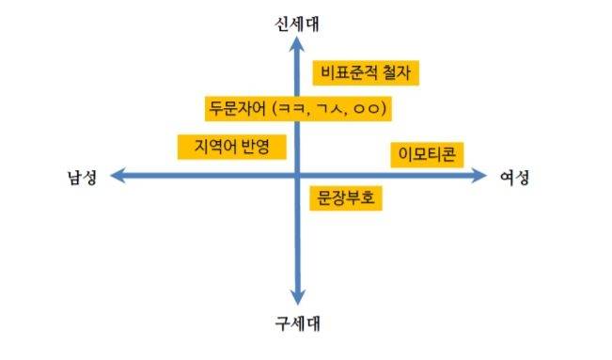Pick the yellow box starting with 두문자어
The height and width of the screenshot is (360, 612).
pos(296,108)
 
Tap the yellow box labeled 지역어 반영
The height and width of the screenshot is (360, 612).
pos(230,147)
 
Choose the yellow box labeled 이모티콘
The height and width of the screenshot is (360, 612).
pos(425,154)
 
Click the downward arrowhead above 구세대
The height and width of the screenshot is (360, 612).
pos(297,298)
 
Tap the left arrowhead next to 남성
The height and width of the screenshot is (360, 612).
pos(117,176)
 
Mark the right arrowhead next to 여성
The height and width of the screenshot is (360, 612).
pos(480,176)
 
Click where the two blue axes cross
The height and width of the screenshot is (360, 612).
pos(297,176)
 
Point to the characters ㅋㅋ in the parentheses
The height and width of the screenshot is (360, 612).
pos(292,109)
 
